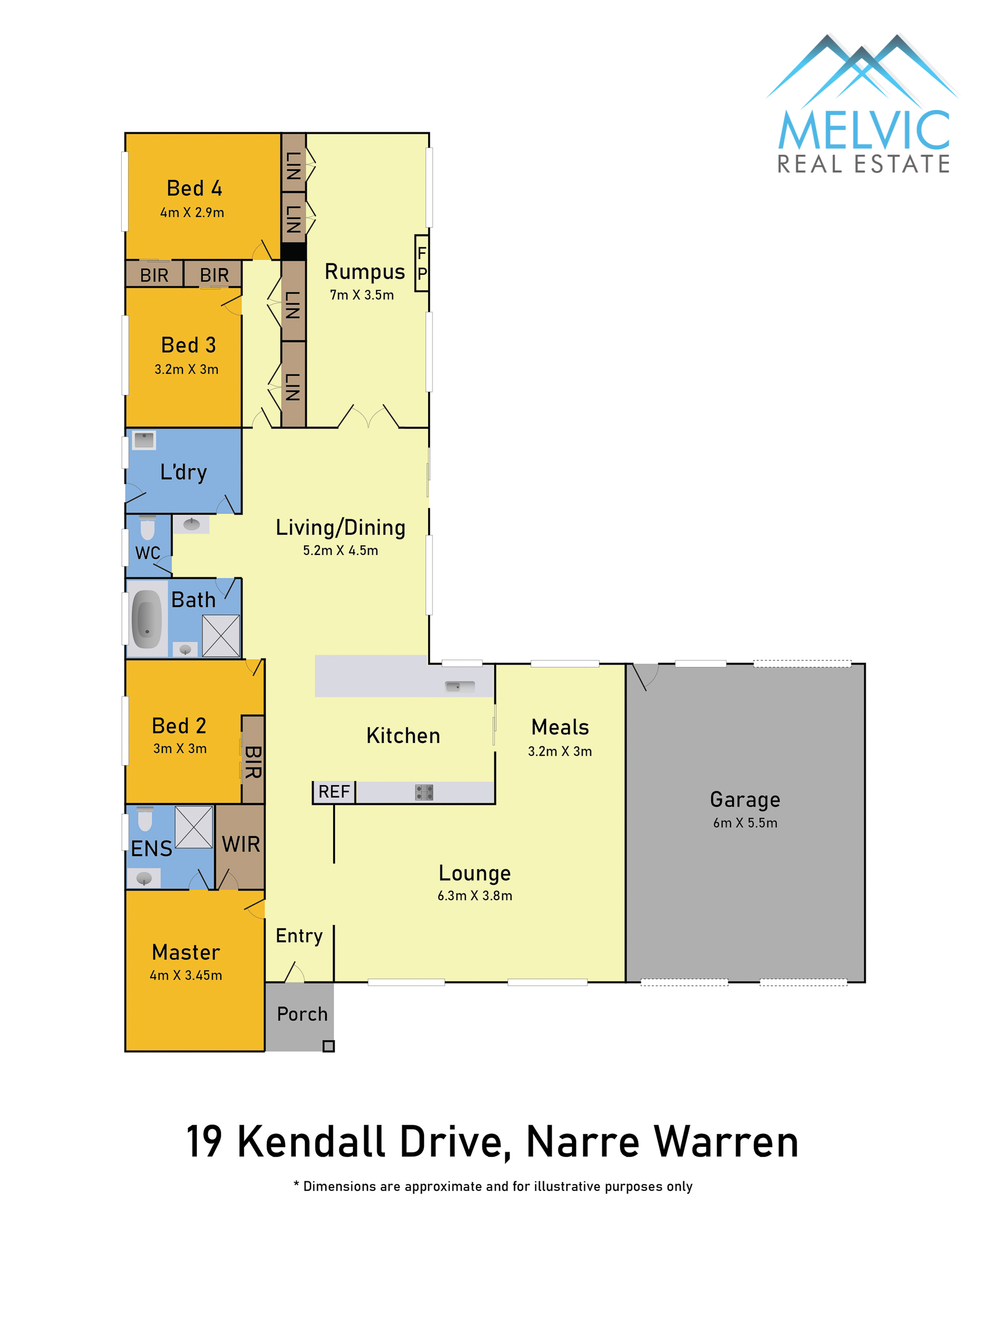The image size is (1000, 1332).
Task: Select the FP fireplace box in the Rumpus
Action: pyautogui.click(x=422, y=263)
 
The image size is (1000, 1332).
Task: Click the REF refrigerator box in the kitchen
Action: pyautogui.click(x=334, y=791)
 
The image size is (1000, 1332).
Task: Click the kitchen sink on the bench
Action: pyautogui.click(x=459, y=686)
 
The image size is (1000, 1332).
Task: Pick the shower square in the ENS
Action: pyautogui.click(x=193, y=827)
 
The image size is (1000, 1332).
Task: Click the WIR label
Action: pyautogui.click(x=241, y=844)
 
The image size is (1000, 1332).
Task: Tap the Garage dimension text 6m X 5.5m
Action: pyautogui.click(x=745, y=822)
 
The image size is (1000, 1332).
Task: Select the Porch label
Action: pyautogui.click(x=302, y=1014)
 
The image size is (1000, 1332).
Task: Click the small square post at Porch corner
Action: pyautogui.click(x=328, y=1046)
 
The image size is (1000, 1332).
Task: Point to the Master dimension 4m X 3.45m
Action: pyautogui.click(x=185, y=975)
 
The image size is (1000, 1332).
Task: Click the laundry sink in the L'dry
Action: pyautogui.click(x=144, y=440)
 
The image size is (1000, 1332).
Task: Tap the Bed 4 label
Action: pyautogui.click(x=194, y=188)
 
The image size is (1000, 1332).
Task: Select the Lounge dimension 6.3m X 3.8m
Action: pyautogui.click(x=474, y=895)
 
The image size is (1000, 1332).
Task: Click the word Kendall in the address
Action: pyautogui.click(x=311, y=1143)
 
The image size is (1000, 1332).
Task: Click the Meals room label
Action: pyautogui.click(x=559, y=727)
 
